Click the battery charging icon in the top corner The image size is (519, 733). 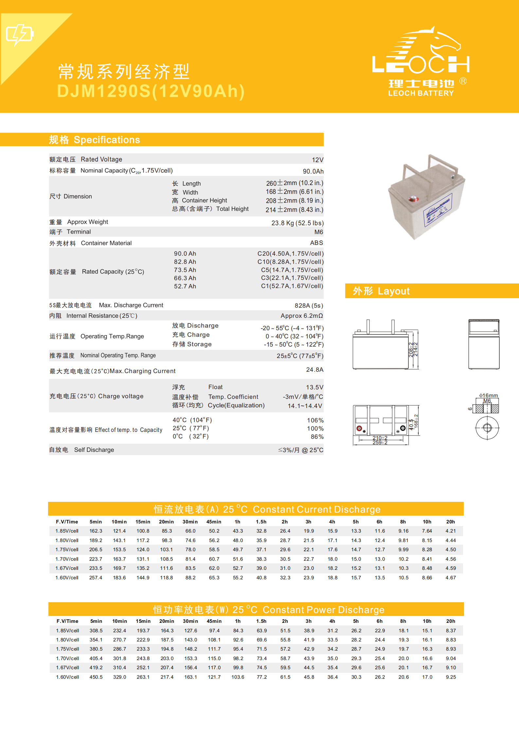(x=20, y=34)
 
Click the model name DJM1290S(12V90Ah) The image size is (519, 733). (x=151, y=91)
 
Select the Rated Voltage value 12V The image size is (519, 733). (x=317, y=160)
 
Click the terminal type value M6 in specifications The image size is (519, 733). (x=318, y=232)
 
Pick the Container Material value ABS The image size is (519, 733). (x=316, y=243)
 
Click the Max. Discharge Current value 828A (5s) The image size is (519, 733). (x=309, y=306)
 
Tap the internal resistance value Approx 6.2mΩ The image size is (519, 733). (x=301, y=316)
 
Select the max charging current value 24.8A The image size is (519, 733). (x=314, y=370)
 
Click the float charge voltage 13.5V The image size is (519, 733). (x=314, y=387)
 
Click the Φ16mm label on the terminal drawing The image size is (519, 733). (x=488, y=396)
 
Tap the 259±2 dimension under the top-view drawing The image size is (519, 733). (x=380, y=443)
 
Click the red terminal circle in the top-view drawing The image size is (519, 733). (x=359, y=428)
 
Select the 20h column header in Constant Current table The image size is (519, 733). (x=450, y=522)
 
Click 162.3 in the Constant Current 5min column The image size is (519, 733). (x=96, y=531)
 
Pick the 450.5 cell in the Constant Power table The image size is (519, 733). (x=96, y=677)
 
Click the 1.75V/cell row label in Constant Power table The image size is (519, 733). (x=67, y=649)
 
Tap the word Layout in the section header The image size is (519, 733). (x=393, y=291)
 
